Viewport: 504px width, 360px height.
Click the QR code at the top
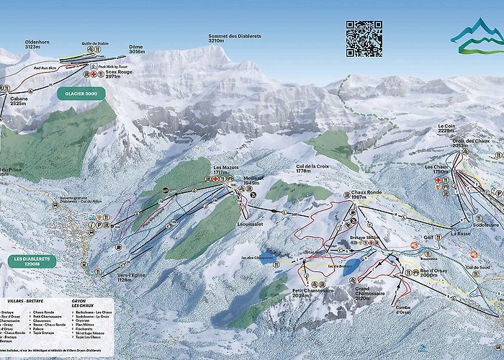pos(363,38)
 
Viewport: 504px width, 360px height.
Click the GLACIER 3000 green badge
pos(76,94)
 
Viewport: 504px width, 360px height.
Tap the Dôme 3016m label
pos(136,50)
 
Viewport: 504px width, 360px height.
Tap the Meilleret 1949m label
pos(251,180)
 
